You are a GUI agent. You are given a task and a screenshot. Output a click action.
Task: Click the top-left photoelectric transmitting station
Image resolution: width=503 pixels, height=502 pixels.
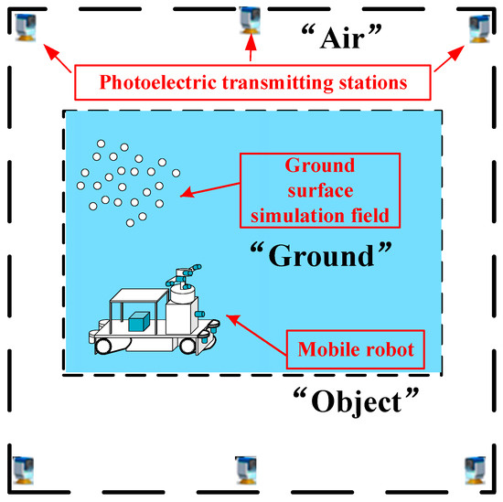[26, 27]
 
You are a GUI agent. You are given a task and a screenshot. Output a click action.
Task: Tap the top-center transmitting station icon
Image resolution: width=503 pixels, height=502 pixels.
[251, 20]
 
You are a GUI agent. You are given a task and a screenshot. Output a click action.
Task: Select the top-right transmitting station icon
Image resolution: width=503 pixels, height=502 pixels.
[479, 28]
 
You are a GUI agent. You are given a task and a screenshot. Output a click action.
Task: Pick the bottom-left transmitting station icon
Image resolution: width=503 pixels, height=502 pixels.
[23, 470]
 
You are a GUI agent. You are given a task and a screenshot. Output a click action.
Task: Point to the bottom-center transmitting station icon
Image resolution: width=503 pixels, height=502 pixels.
[246, 470]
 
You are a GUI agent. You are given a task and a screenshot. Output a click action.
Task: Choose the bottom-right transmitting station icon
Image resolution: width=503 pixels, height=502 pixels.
[476, 470]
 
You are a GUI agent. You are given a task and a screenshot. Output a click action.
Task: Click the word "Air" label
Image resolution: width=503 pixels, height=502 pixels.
[342, 37]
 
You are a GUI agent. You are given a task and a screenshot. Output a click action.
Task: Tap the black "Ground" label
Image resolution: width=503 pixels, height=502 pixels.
[321, 255]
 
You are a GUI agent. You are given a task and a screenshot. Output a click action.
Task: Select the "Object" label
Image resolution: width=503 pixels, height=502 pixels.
[356, 401]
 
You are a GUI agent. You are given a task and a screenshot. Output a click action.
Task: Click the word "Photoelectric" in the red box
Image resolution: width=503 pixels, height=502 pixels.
[158, 82]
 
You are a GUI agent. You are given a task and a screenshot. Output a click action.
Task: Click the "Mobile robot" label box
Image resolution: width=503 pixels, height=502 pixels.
[356, 349]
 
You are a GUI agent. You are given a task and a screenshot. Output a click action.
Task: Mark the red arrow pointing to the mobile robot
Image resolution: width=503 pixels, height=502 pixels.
[256, 336]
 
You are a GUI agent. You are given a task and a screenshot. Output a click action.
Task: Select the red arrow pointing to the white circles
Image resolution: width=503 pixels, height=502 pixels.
[210, 190]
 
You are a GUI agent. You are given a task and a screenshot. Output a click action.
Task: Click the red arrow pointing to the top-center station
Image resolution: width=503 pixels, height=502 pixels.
[251, 48]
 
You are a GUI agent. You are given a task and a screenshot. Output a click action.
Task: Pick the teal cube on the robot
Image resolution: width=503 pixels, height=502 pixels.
[139, 322]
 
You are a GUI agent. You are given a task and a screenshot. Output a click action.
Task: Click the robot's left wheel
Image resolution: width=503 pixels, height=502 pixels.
[103, 347]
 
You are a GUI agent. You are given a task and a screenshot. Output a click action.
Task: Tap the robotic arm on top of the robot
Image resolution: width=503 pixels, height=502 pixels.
[184, 276]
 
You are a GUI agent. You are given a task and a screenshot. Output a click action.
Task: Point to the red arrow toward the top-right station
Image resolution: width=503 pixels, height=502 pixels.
[449, 59]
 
